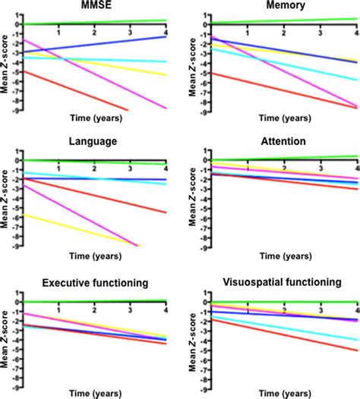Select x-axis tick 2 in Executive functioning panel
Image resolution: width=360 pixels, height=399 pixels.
pyautogui.click(x=93, y=310)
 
